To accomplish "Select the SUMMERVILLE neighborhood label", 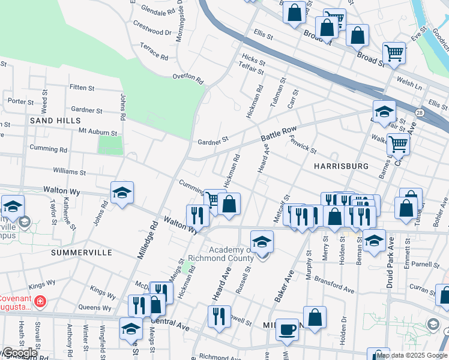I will (81, 253).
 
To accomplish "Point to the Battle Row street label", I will (279, 134).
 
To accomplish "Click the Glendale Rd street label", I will (158, 10).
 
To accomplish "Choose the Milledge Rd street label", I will (147, 240).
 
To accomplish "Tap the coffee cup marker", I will (287, 329).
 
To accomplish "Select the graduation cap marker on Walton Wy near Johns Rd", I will (122, 193).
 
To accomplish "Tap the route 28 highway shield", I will (419, 113).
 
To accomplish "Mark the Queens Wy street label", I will (94, 308).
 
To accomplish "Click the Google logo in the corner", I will (19, 353).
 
